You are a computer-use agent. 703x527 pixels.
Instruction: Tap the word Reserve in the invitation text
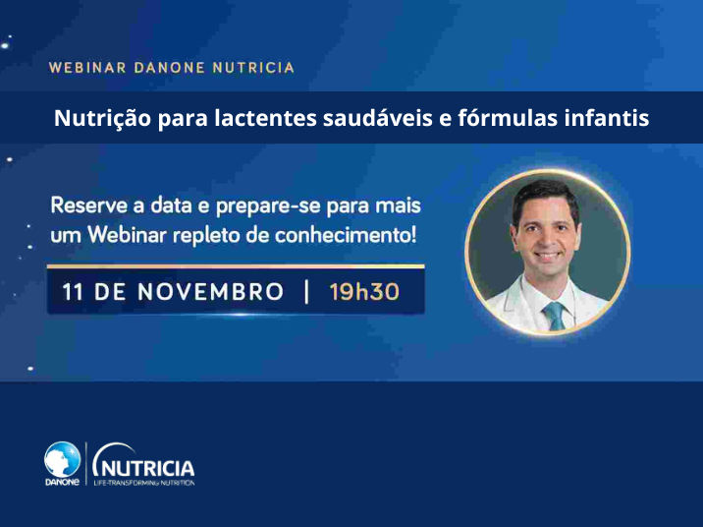pos(86,207)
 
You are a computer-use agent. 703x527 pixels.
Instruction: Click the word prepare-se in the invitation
pos(269,207)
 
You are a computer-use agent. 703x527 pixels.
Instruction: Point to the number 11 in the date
pos(73,292)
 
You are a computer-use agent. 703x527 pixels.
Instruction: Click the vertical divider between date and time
pos(307,292)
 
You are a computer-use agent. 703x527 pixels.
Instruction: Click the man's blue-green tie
pos(555,314)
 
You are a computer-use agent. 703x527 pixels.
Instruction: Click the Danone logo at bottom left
pos(62,462)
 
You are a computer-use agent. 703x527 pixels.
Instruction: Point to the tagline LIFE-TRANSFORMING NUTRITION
pos(144,483)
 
